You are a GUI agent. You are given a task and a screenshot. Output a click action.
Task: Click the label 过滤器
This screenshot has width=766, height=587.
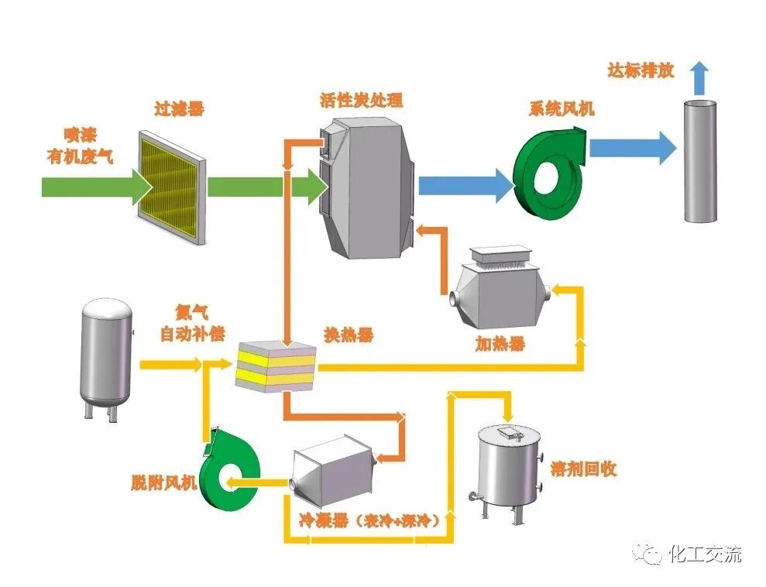point(178,109)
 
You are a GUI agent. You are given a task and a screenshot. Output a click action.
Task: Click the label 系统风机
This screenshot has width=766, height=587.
point(562,108)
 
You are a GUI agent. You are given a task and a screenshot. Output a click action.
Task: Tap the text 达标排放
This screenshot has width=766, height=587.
point(641,71)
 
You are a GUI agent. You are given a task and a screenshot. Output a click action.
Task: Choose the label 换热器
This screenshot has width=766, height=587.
point(348,335)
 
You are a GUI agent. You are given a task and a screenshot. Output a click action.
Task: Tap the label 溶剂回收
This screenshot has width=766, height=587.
point(582,470)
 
